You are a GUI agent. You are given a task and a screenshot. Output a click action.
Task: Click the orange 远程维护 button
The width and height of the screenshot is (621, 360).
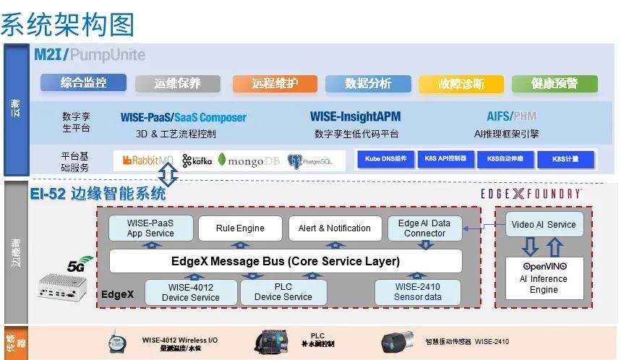point(275,84)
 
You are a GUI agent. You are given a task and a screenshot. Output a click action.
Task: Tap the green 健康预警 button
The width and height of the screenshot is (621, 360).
point(554,84)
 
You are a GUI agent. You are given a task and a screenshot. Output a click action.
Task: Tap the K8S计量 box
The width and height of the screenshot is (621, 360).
point(565,159)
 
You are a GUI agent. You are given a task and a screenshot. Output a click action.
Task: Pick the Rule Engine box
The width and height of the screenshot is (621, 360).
point(240,228)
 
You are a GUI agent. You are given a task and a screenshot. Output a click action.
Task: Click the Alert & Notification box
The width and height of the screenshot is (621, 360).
point(334,228)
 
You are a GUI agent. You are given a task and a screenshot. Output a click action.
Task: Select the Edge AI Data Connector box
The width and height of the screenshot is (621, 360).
point(424,228)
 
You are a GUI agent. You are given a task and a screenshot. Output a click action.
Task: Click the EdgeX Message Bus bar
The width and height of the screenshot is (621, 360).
point(285,261)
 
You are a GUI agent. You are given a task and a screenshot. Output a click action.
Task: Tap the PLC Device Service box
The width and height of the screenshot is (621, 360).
point(283,292)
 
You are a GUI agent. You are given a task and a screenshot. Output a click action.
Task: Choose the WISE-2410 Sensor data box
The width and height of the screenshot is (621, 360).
point(417,292)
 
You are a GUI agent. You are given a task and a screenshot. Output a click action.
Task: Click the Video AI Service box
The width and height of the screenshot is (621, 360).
point(544,224)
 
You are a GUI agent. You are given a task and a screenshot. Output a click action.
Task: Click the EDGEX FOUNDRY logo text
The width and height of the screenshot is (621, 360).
point(531,194)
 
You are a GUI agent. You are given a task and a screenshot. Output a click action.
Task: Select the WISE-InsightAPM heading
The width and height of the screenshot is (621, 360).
point(355,117)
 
